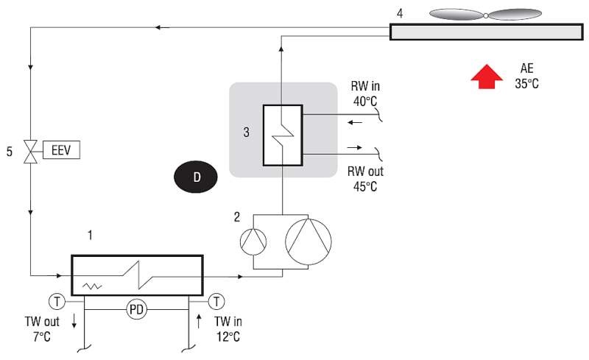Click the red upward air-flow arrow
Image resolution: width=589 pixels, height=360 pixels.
coord(487,77)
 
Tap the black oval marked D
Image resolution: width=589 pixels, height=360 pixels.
coord(195,177)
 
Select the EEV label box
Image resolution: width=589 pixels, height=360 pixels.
coord(61,150)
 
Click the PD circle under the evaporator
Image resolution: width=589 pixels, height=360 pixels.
coord(136,310)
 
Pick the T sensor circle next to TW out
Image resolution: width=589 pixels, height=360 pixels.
coord(57,301)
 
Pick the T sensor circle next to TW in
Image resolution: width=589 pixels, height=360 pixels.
coord(216,301)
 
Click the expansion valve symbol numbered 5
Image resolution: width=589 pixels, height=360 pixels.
coord(30,152)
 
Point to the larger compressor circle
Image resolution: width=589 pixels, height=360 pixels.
coord(308,241)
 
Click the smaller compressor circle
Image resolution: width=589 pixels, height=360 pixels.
coord(253,241)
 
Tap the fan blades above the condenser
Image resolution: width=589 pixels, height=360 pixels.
coord(485,15)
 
